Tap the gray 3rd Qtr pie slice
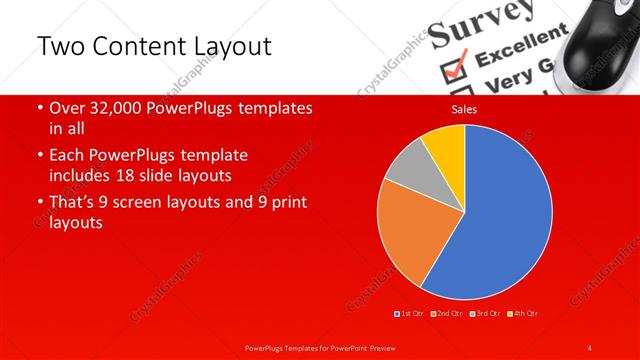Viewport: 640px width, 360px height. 405,168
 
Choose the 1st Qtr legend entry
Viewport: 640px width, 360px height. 411,314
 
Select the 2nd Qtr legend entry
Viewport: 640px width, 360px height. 448,314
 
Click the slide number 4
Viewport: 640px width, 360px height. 590,347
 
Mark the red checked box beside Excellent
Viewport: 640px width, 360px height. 455,66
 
